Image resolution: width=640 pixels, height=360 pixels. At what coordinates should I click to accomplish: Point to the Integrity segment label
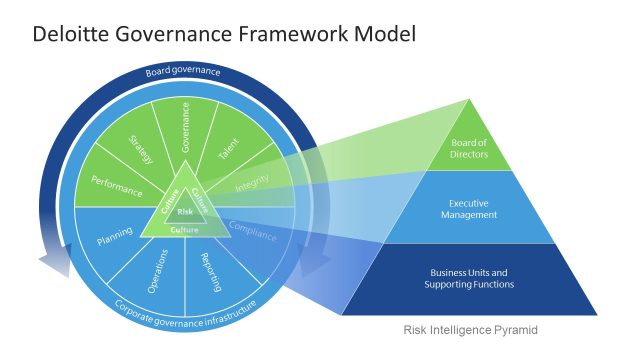click(252, 185)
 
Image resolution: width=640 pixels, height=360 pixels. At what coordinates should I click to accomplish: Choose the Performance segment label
click(117, 184)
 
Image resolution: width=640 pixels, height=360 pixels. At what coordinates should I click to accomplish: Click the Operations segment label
click(156, 273)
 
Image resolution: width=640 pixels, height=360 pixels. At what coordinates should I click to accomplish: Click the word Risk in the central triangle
click(185, 212)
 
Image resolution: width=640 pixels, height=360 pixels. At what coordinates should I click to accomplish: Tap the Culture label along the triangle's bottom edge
click(185, 229)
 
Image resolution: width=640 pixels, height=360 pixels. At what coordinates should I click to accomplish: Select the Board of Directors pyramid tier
click(470, 147)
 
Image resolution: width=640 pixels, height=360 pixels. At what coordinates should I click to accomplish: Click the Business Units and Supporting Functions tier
click(471, 278)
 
